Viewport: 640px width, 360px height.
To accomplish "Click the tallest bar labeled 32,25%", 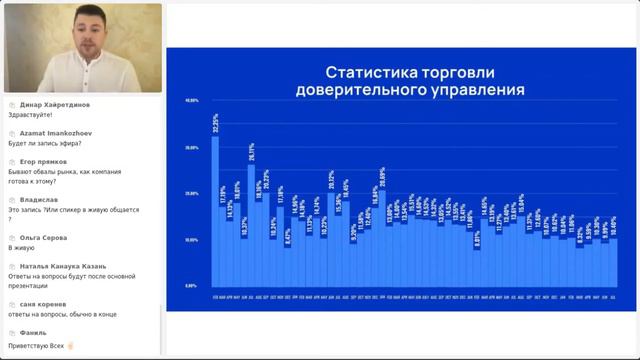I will (x=215, y=210).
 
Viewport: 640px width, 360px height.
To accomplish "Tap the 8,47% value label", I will (x=288, y=236).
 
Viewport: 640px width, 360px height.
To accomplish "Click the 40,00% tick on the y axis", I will (x=192, y=101).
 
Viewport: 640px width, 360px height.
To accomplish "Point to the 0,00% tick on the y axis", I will (x=192, y=286).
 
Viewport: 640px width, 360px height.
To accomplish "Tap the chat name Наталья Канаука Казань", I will (x=63, y=266).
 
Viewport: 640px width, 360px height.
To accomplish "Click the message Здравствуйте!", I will (x=29, y=115).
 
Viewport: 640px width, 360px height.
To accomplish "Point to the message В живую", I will (x=21, y=247).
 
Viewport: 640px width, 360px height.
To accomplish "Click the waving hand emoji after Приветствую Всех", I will (x=70, y=344).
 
